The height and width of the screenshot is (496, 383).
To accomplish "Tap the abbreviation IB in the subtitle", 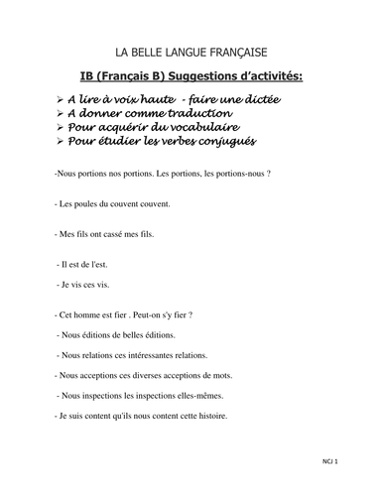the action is [x=86, y=76].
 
